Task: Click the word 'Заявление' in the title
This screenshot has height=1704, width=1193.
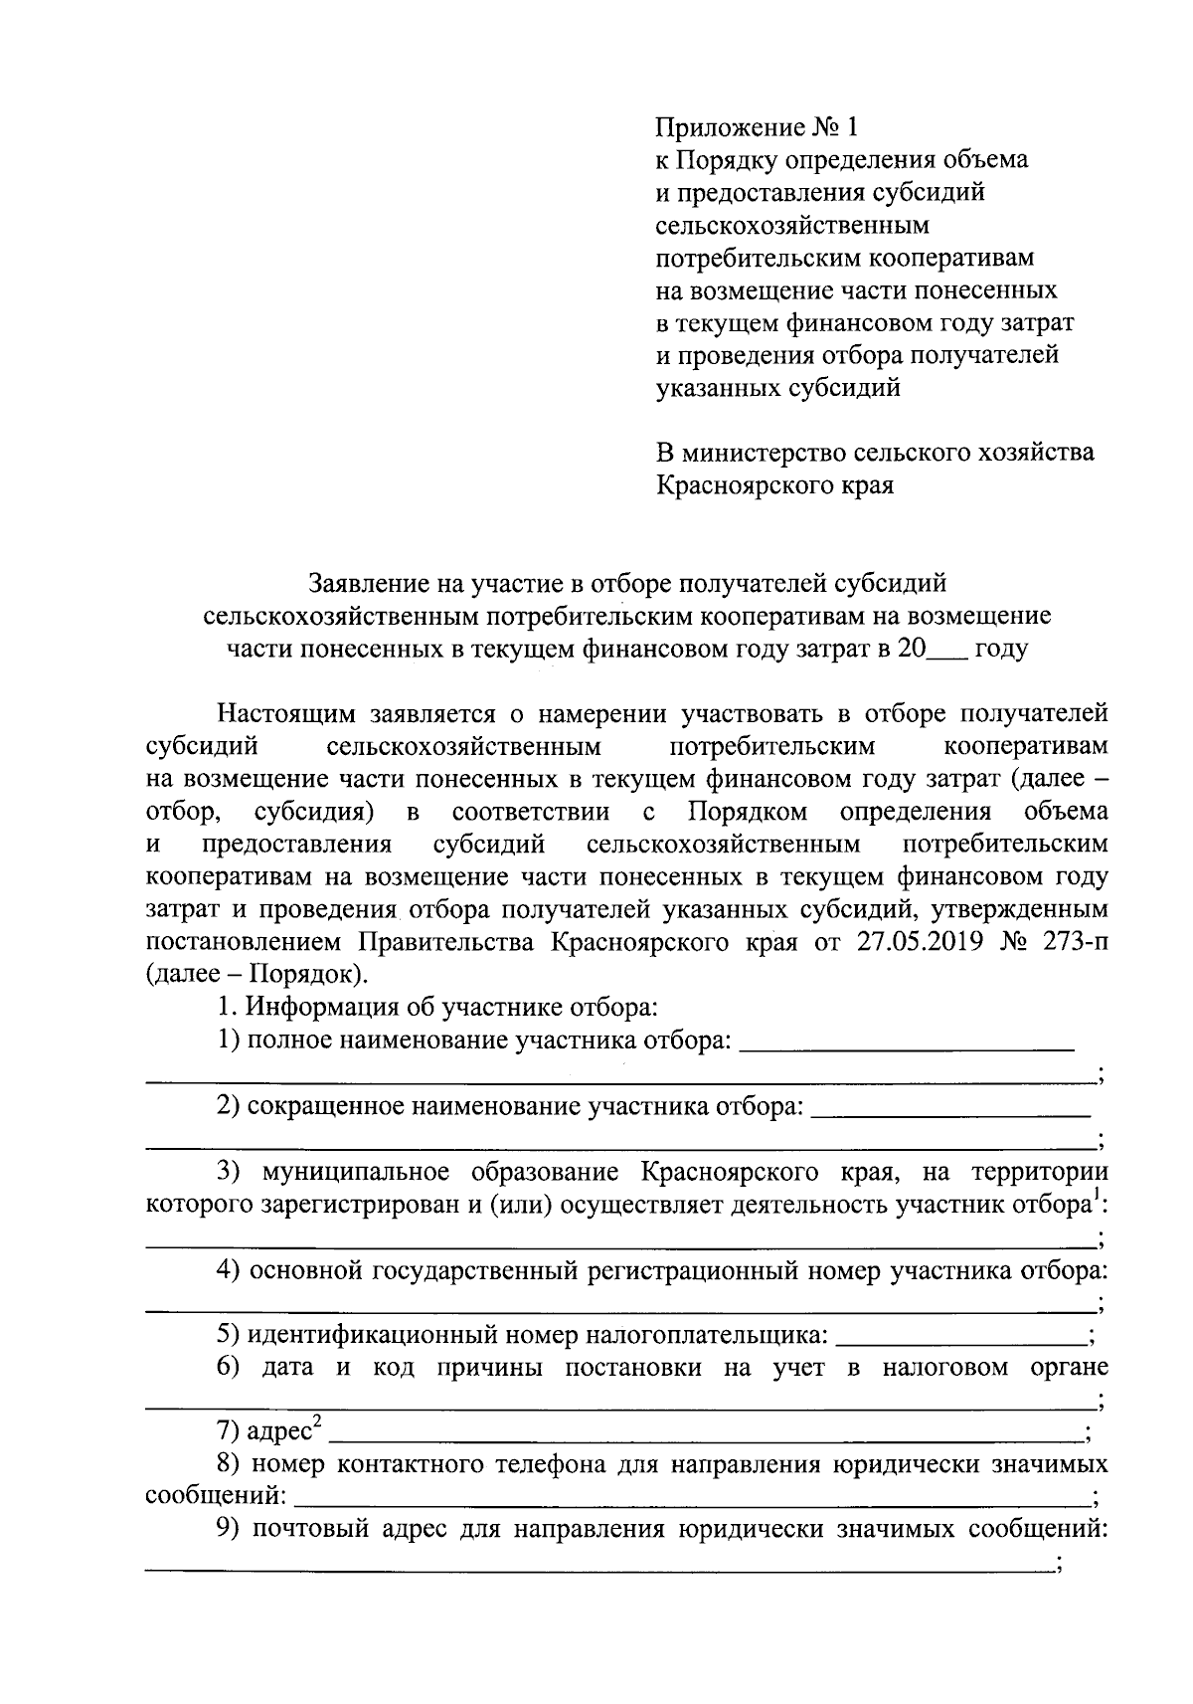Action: click(x=371, y=583)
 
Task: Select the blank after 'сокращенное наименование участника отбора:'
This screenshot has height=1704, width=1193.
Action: click(x=950, y=1109)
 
